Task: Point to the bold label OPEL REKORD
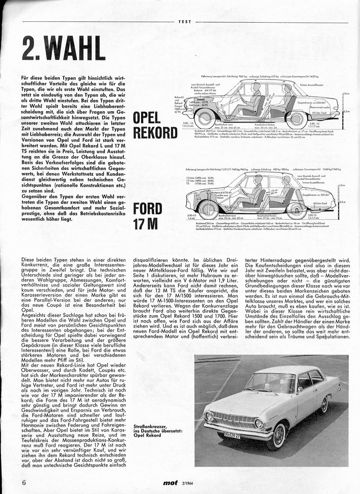(155, 125)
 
